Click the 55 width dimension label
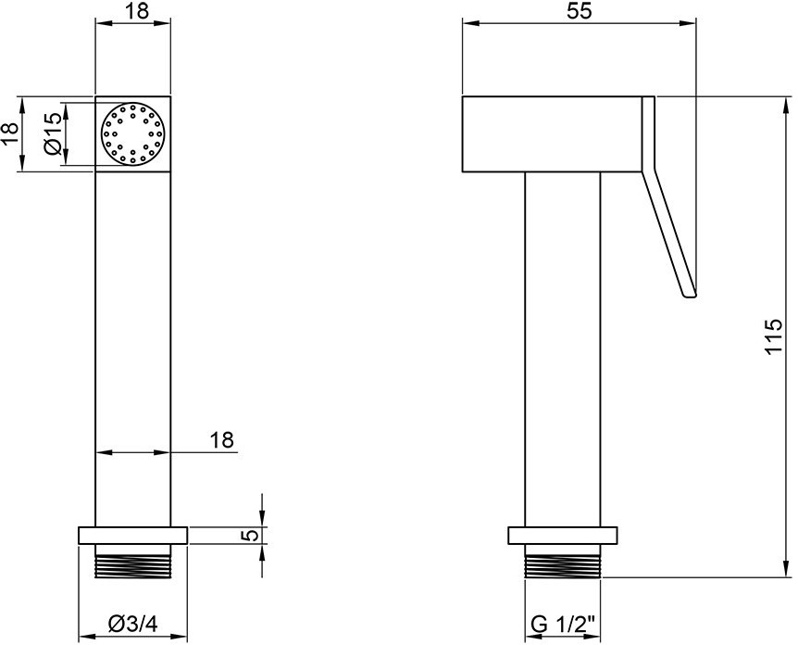pos(580,10)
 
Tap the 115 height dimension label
pos(773,336)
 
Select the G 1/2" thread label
pos(562,623)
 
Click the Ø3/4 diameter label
pos(133,623)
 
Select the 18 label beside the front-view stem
pos(222,439)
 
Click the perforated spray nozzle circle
pos(133,134)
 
